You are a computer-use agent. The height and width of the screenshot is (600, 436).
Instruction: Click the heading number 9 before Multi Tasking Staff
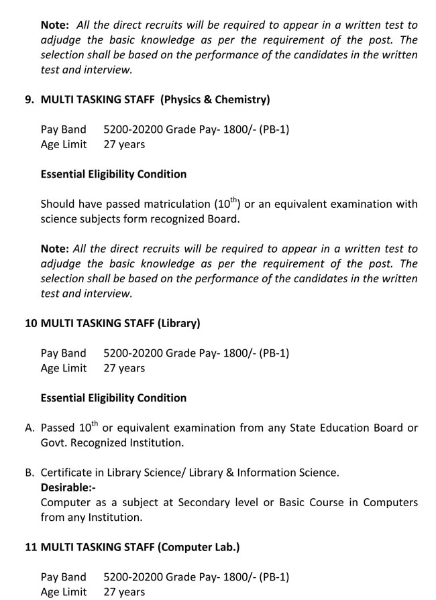tap(29, 100)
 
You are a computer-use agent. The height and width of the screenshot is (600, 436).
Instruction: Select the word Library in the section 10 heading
tap(179, 323)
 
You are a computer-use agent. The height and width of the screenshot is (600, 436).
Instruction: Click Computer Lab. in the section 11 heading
tap(199, 547)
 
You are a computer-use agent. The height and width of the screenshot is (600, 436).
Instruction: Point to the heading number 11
tap(31, 547)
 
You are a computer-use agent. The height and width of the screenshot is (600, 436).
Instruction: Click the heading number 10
tap(31, 323)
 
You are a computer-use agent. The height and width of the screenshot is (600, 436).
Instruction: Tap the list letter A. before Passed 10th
tap(30, 428)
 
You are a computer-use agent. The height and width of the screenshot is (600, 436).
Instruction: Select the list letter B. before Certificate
tap(30, 473)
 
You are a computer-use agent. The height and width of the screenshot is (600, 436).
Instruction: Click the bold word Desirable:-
tap(68, 487)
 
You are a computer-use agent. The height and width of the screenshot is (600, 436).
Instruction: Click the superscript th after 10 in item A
tap(95, 423)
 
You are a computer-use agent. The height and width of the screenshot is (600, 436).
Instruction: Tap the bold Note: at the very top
tap(54, 25)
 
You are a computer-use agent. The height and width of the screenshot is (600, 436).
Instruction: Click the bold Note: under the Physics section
tap(54, 249)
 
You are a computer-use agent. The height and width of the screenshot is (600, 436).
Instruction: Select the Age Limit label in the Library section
tap(64, 368)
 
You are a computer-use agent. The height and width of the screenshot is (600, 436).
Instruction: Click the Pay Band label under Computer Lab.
tap(64, 577)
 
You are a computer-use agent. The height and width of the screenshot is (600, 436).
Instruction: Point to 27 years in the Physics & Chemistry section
tap(124, 144)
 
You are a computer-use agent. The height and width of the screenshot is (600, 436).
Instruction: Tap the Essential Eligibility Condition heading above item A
tap(113, 398)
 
